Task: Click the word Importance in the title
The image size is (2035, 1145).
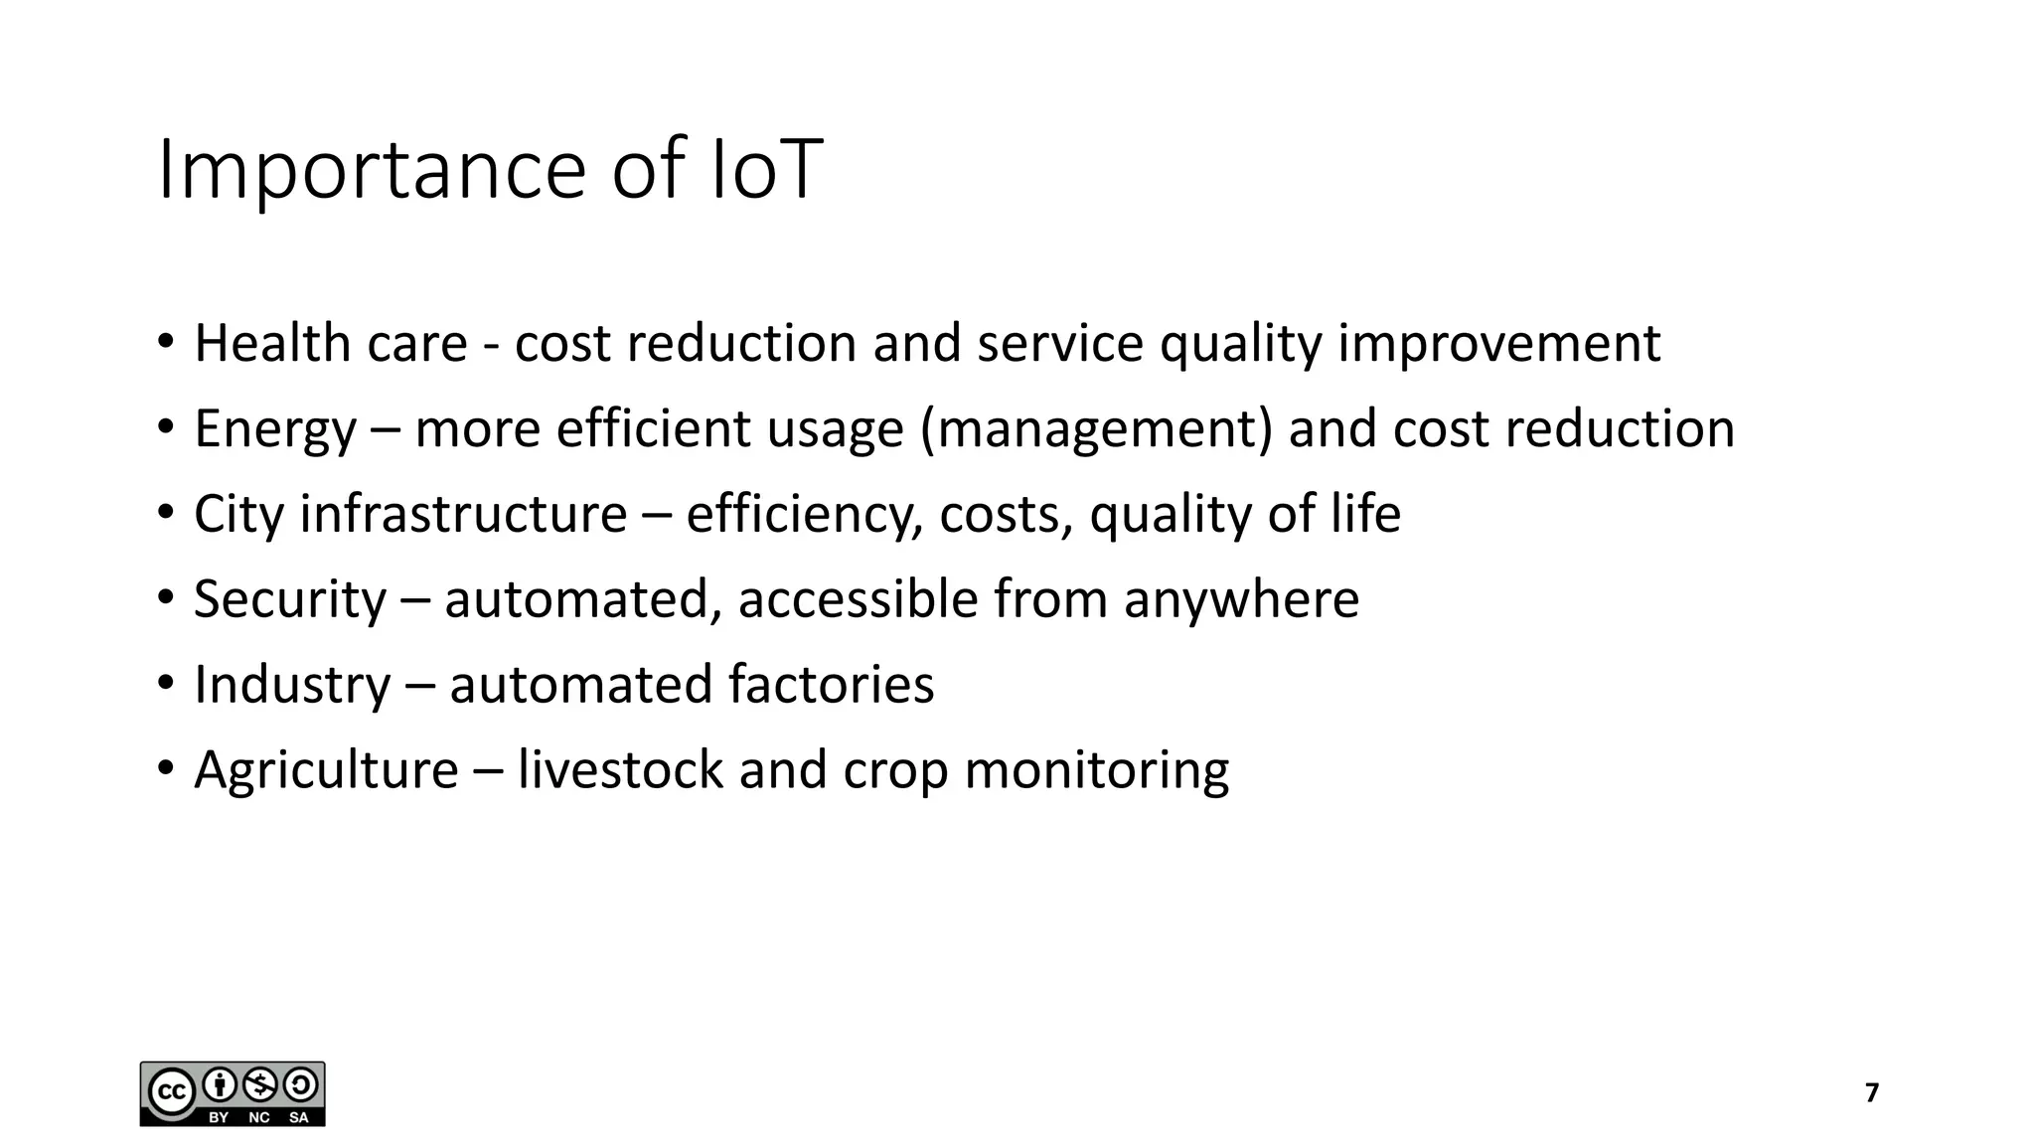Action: (x=372, y=171)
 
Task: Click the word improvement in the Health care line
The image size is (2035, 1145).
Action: (x=1498, y=345)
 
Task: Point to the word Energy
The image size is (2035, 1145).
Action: (x=274, y=430)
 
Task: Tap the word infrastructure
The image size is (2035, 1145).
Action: (x=463, y=514)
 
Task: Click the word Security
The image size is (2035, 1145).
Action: (x=289, y=600)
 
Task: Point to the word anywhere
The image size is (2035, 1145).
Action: (x=1241, y=600)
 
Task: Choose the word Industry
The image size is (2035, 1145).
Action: (x=292, y=685)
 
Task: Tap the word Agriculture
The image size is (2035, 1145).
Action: (x=326, y=770)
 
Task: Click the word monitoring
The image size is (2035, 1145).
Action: (x=1096, y=771)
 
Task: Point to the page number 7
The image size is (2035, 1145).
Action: (x=1872, y=1093)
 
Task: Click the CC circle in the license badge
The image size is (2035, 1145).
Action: (x=171, y=1092)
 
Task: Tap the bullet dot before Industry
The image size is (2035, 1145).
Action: (x=166, y=685)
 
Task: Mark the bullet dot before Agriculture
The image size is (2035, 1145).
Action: (x=166, y=770)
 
